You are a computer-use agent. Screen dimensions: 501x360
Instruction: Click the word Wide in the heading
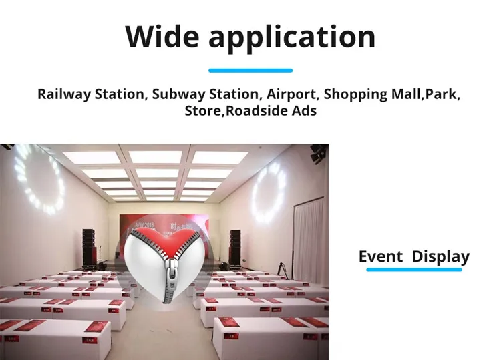coord(162,37)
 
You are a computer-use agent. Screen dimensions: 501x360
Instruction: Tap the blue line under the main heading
coord(251,71)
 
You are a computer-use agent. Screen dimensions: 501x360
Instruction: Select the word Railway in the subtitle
coord(64,95)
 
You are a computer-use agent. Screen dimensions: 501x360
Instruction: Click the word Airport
coord(293,95)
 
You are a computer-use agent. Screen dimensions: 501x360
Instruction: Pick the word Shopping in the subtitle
coord(355,95)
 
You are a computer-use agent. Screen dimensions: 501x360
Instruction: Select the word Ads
coord(304,110)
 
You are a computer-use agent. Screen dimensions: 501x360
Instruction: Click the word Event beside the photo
coord(381,256)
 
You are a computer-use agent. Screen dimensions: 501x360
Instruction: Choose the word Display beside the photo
coord(441,257)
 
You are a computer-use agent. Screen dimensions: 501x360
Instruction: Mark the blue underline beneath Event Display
coord(414,270)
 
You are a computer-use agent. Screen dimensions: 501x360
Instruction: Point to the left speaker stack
coord(89,247)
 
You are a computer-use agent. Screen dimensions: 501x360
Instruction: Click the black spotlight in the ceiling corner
coord(319,154)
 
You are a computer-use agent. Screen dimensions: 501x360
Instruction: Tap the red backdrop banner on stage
coord(164,237)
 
